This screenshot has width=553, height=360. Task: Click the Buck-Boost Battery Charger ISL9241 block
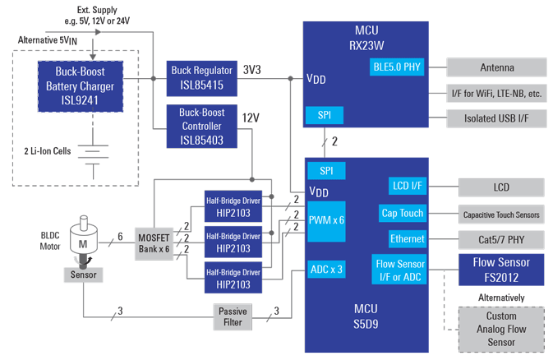tap(80, 85)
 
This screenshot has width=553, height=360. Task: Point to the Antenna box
tap(497, 67)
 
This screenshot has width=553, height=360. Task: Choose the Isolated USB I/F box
tap(497, 118)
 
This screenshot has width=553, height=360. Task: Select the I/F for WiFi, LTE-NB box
tap(497, 93)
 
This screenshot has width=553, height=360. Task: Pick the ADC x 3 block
tap(327, 268)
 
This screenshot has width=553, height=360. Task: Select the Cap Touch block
tap(403, 213)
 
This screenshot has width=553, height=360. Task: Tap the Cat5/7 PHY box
tap(501, 239)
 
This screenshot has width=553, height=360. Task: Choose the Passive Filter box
tap(233, 316)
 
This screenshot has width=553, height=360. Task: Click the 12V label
tap(251, 118)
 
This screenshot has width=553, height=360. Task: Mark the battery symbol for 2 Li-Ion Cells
tap(97, 152)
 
